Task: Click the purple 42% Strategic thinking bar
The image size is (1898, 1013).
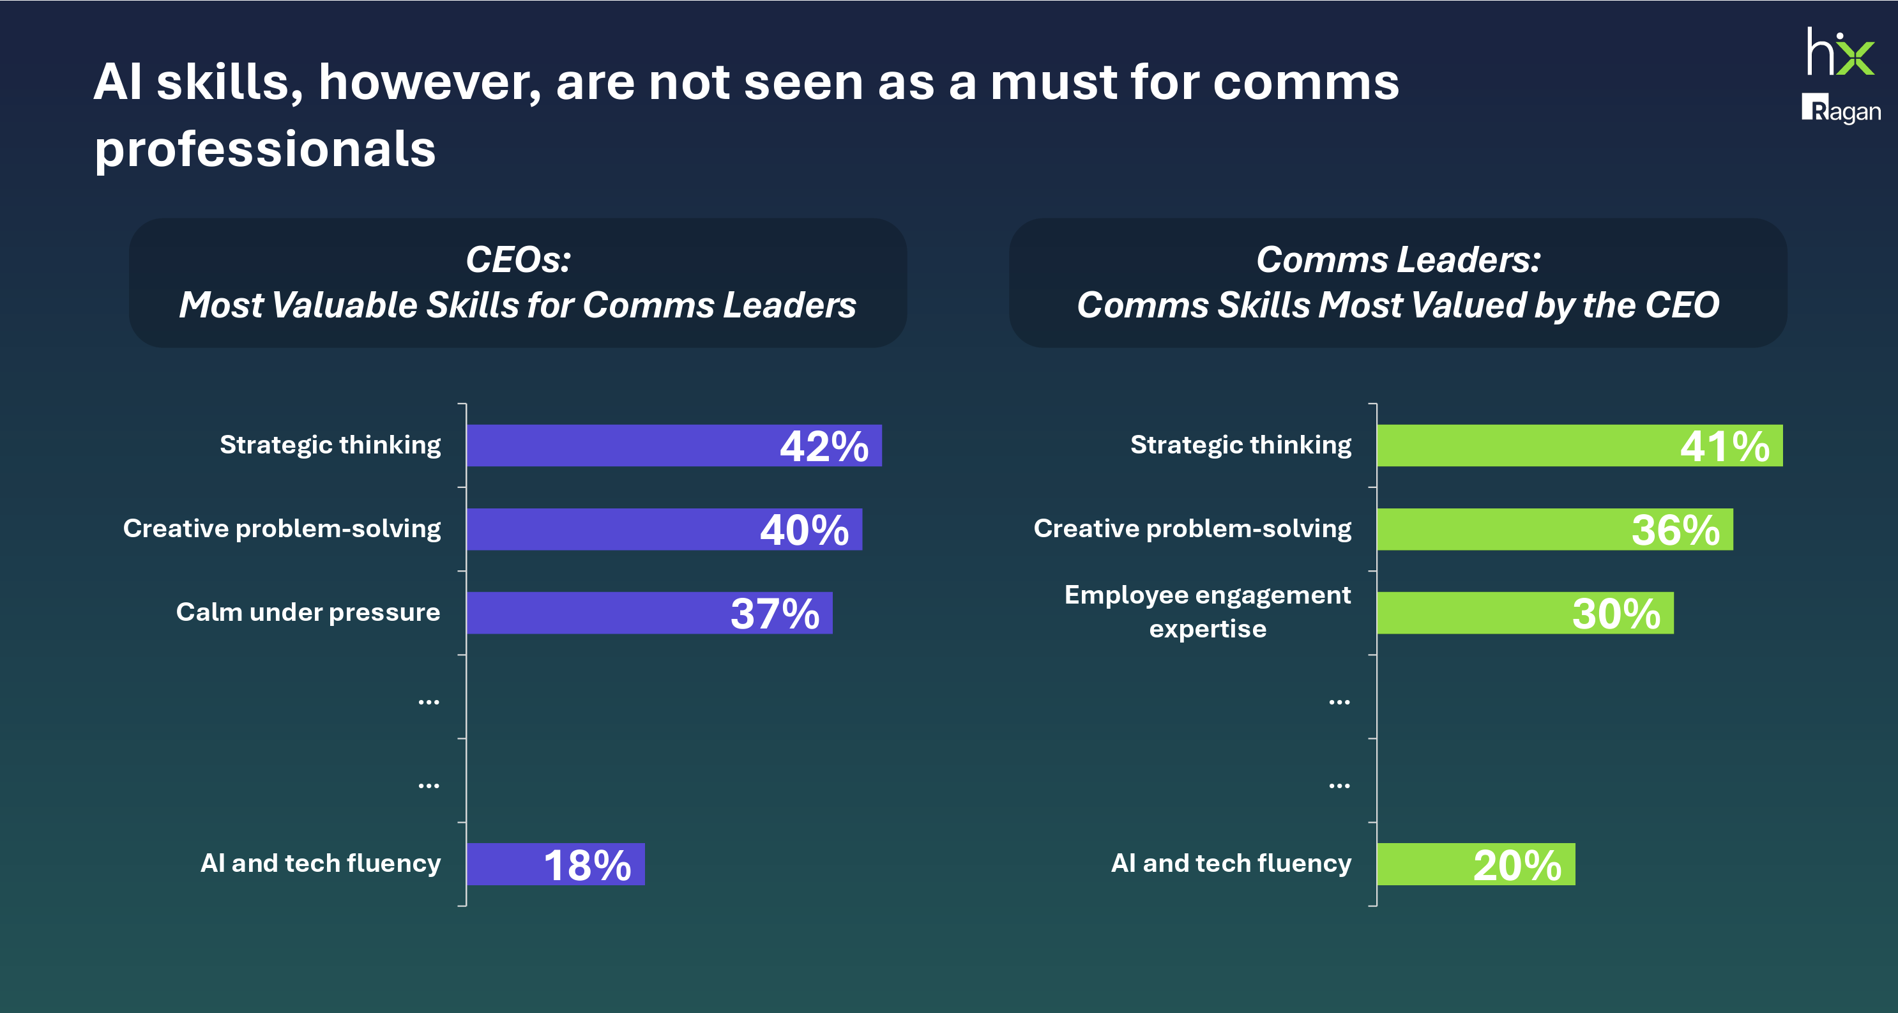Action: click(x=674, y=446)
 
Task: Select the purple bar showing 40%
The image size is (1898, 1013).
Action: click(x=663, y=529)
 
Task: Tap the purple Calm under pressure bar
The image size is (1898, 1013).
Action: click(x=648, y=613)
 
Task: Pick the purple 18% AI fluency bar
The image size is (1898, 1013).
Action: click(x=555, y=864)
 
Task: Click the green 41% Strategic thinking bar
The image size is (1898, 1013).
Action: click(x=1579, y=446)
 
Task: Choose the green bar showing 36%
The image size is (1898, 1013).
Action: click(x=1554, y=529)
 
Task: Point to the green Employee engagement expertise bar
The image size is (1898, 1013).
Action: click(x=1524, y=613)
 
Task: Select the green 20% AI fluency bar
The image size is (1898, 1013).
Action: click(x=1475, y=864)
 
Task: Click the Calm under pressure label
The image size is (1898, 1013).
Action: click(x=308, y=613)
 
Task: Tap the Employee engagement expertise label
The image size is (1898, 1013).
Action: click(x=1207, y=611)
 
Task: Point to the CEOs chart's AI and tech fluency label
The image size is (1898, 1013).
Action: click(x=321, y=863)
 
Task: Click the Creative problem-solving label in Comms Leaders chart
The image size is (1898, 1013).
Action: click(x=1192, y=528)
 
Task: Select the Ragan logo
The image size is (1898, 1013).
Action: click(x=1841, y=109)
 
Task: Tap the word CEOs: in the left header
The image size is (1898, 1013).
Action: click(x=518, y=260)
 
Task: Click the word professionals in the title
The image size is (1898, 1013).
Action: click(x=265, y=149)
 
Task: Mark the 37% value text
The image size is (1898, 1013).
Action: click(x=775, y=614)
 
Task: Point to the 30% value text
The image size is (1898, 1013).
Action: click(x=1616, y=614)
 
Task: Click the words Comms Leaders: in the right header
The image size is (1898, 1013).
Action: click(x=1398, y=260)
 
